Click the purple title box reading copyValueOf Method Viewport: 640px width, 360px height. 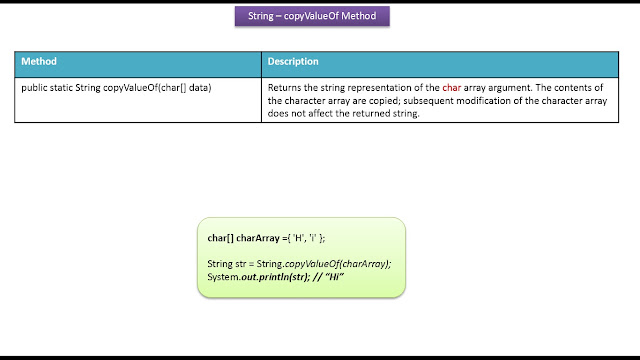click(312, 16)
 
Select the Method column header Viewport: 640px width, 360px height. click(39, 61)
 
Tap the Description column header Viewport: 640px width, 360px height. click(293, 61)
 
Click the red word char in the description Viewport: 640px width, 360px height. click(451, 88)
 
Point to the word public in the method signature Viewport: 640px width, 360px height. click(34, 88)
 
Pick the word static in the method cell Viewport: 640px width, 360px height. click(61, 88)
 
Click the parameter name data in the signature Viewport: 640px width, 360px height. click(200, 88)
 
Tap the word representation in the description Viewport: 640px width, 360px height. click(380, 88)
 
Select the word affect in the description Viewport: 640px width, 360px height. click(320, 113)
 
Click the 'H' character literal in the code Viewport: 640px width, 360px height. click(299, 238)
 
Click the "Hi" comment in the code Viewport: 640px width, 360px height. click(335, 277)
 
